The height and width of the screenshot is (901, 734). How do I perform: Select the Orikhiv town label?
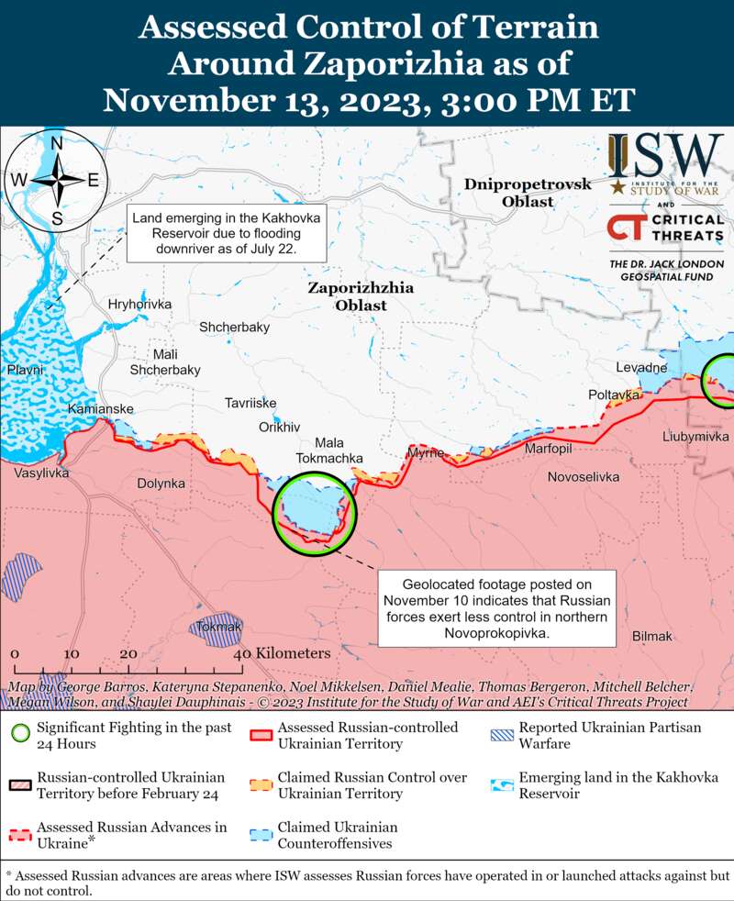click(x=280, y=427)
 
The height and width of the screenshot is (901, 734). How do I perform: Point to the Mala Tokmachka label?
click(x=329, y=450)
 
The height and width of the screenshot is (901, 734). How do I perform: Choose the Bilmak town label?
click(x=652, y=636)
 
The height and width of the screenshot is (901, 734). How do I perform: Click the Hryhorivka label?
click(x=139, y=304)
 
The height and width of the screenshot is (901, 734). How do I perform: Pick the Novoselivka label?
click(x=583, y=477)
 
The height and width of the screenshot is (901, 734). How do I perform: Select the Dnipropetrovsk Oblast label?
click(x=527, y=193)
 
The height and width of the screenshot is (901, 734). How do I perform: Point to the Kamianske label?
click(x=100, y=408)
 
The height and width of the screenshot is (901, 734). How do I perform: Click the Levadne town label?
click(x=640, y=367)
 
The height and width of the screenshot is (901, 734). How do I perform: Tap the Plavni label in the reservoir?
click(x=25, y=369)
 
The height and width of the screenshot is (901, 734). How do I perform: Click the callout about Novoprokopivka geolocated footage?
click(x=499, y=607)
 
